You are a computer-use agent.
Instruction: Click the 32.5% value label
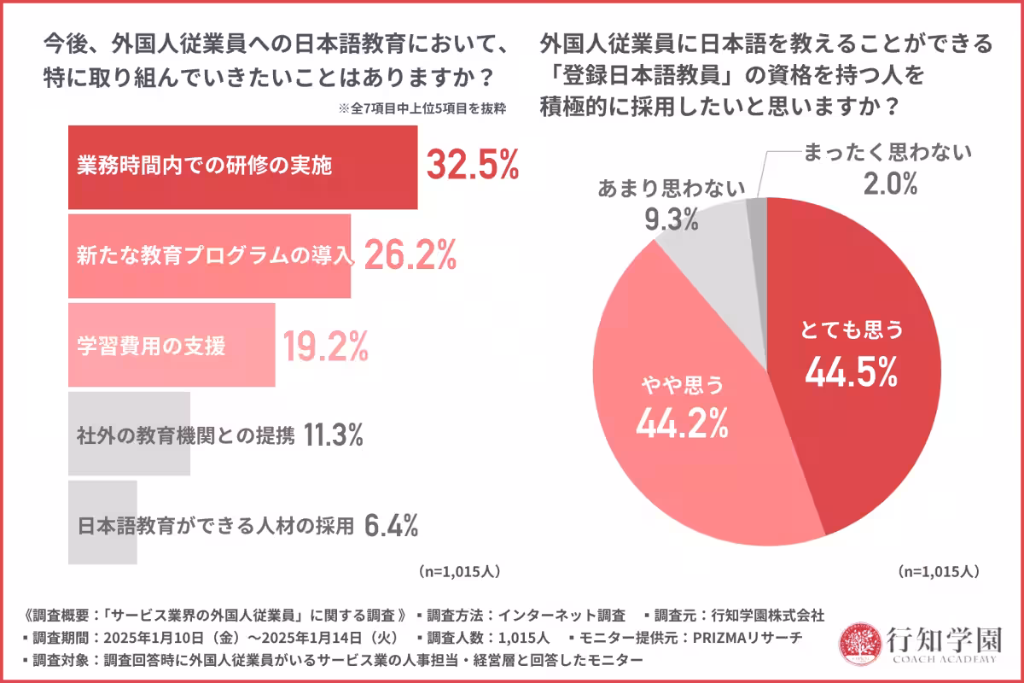click(x=472, y=166)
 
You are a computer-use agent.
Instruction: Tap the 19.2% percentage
click(x=325, y=346)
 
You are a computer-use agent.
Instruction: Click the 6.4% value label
click(x=391, y=526)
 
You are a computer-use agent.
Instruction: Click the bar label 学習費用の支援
click(x=150, y=347)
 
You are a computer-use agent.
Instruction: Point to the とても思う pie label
click(x=850, y=330)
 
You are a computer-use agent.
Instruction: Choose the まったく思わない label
click(x=887, y=153)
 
